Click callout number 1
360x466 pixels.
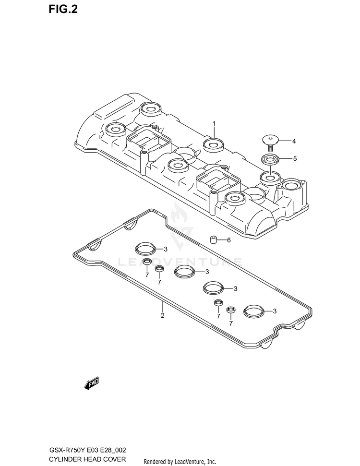(x=214, y=123)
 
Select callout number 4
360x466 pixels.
(x=294, y=141)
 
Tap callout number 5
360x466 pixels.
(x=295, y=158)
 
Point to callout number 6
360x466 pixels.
(x=229, y=239)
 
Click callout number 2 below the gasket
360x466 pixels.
(x=162, y=315)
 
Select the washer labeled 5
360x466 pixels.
(x=271, y=159)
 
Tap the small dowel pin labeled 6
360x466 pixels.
(x=213, y=239)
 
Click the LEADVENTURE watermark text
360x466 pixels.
(x=180, y=262)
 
